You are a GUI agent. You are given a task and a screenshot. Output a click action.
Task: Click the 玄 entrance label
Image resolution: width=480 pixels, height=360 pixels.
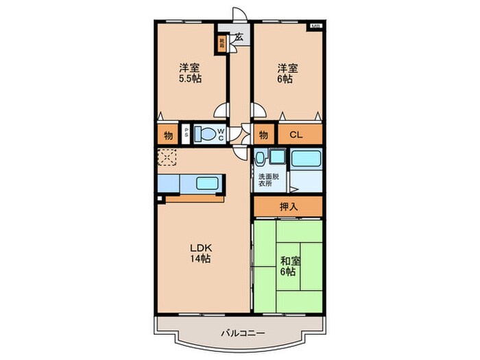click(x=239, y=38)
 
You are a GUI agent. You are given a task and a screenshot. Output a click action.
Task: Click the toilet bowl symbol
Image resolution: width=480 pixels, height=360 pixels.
click(x=205, y=134)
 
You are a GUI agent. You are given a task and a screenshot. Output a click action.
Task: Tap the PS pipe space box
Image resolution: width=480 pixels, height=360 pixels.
click(x=186, y=134)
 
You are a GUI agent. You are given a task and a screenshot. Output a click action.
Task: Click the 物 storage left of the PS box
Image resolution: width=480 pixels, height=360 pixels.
click(x=168, y=134)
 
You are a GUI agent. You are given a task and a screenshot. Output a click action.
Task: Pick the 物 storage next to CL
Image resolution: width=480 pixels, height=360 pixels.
click(x=263, y=134)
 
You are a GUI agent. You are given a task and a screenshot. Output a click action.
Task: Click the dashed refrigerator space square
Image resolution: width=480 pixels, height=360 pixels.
click(x=166, y=158)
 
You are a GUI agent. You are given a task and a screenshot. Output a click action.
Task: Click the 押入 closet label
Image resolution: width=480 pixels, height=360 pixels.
click(x=287, y=205)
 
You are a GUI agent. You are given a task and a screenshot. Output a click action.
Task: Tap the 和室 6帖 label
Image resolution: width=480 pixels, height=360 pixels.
click(x=288, y=265)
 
